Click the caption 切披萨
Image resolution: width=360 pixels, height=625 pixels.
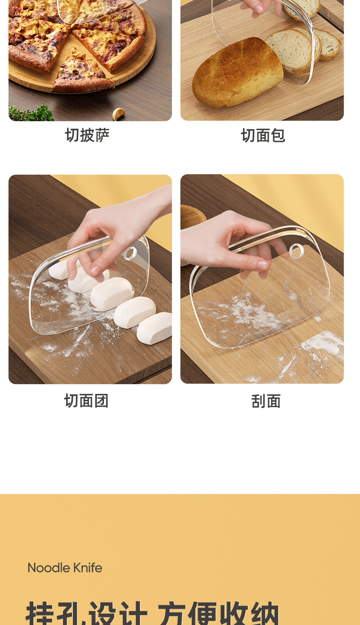coord(87,135)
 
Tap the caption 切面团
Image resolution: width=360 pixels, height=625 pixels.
coord(86,401)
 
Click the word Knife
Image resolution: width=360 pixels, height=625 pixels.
coord(88,568)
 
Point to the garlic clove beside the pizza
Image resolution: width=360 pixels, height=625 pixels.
coord(119,114)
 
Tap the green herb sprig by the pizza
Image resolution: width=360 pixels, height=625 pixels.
coord(31,113)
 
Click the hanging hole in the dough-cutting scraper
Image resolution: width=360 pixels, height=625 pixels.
coord(130,254)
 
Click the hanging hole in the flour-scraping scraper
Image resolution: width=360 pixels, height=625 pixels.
coord(297,251)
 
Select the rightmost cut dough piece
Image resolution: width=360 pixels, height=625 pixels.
coord(155,328)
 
